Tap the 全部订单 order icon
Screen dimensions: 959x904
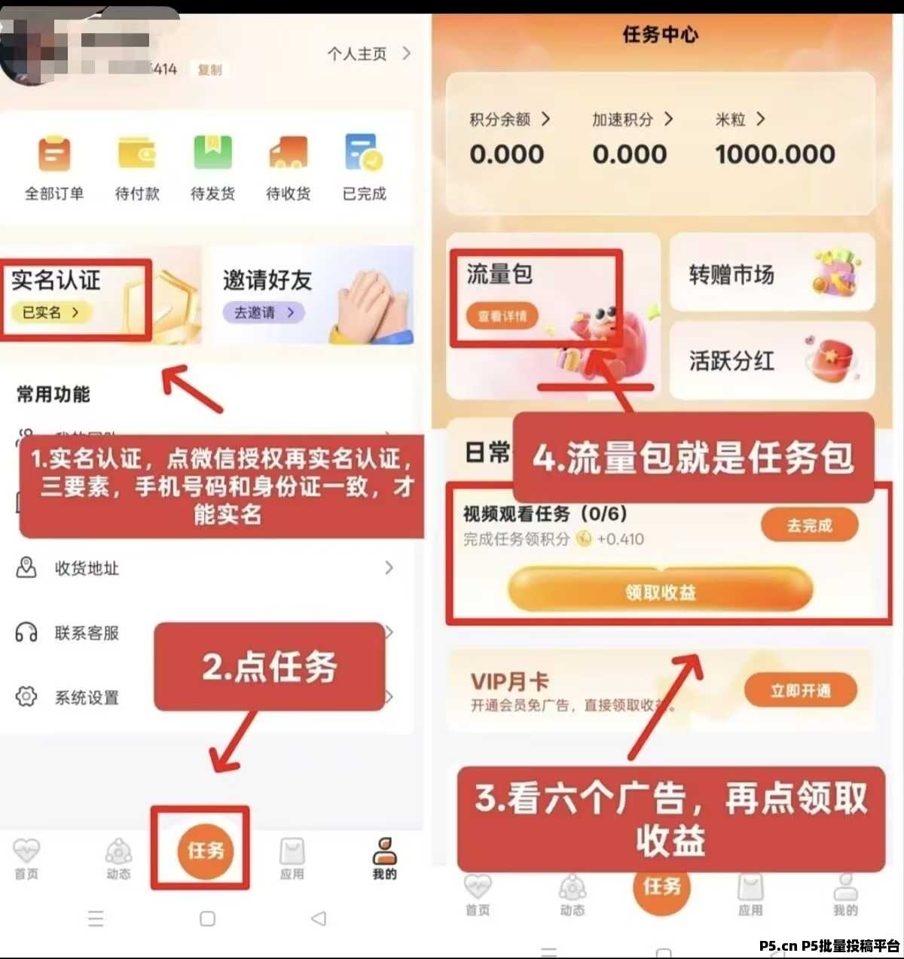pyautogui.click(x=54, y=154)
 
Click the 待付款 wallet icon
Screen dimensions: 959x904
pyautogui.click(x=136, y=154)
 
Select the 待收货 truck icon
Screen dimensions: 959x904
pyautogui.click(x=289, y=154)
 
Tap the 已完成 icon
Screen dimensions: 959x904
pyautogui.click(x=364, y=154)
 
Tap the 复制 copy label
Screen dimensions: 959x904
pyautogui.click(x=209, y=70)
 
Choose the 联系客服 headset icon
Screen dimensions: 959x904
pyautogui.click(x=26, y=633)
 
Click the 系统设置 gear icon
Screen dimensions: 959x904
pyautogui.click(x=26, y=697)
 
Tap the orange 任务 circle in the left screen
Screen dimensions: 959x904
pyautogui.click(x=205, y=851)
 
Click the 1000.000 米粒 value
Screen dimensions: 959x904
pyautogui.click(x=774, y=154)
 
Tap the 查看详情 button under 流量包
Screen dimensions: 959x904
pyautogui.click(x=502, y=316)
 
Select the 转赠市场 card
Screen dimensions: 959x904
pyautogui.click(x=771, y=274)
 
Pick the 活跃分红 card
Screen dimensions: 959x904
pyautogui.click(x=771, y=361)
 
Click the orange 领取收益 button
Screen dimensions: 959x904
pyautogui.click(x=660, y=592)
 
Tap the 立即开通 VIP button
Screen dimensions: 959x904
pyautogui.click(x=800, y=690)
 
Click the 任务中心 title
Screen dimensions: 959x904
pyautogui.click(x=660, y=35)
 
